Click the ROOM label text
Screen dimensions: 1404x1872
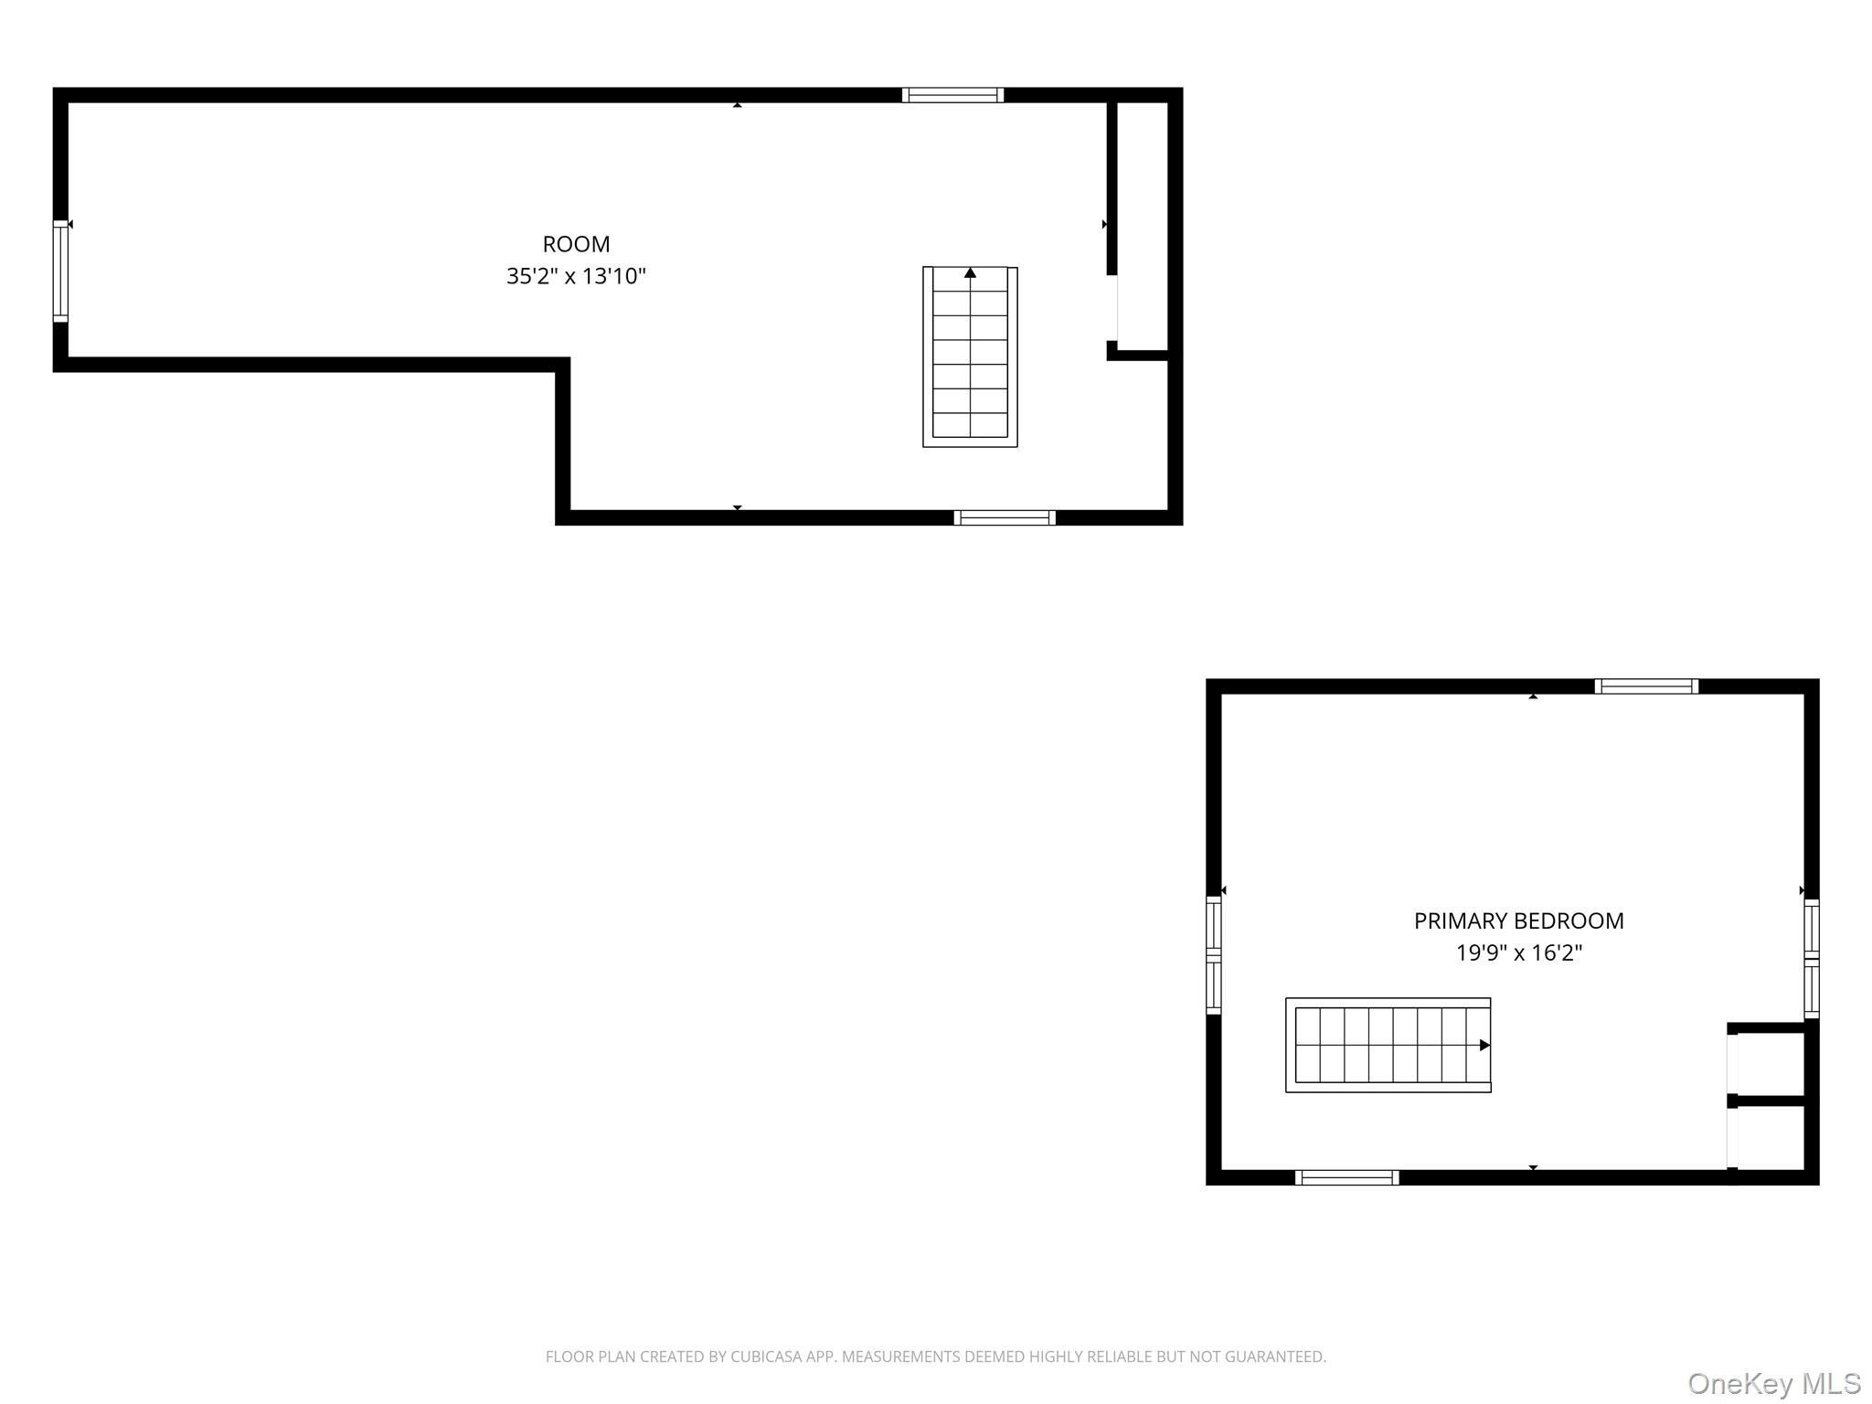pos(576,244)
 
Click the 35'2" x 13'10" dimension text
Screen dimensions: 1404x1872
pos(576,276)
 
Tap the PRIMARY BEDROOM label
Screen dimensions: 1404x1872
pos(1518,920)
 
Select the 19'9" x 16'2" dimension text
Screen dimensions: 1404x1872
pos(1518,952)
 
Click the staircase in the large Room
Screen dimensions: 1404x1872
pos(970,356)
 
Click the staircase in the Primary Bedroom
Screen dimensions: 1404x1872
pos(1388,1045)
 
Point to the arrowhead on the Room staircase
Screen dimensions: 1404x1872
pos(970,272)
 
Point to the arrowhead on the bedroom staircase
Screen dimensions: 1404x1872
pos(1484,1045)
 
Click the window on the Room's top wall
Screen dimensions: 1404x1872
pos(952,95)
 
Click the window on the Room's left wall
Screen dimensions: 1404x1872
pos(60,271)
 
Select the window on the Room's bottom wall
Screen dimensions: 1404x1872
pos(1005,517)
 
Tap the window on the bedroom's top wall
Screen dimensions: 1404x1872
pos(1646,686)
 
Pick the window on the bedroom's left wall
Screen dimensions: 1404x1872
pos(1214,955)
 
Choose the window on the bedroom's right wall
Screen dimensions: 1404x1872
pos(1811,958)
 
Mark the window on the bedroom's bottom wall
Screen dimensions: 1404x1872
pos(1346,1177)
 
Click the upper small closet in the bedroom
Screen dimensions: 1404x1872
pos(1770,1063)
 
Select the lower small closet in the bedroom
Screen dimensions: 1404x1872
pos(1770,1136)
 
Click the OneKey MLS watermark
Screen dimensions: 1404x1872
pos(1773,1384)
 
